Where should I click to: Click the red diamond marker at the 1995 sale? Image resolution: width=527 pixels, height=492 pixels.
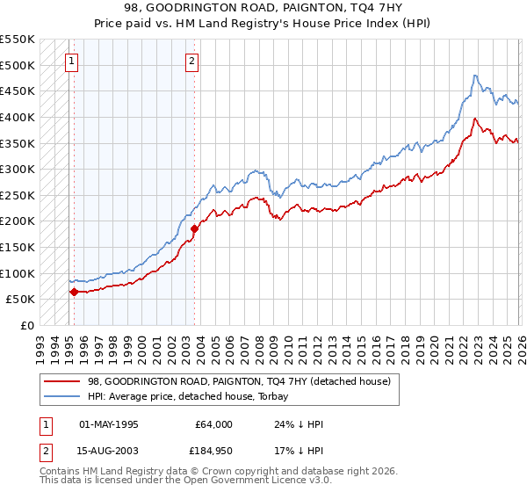click(x=74, y=292)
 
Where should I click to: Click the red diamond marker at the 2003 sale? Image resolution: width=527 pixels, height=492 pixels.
click(x=194, y=228)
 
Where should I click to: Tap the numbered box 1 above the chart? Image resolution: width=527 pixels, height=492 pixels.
click(x=70, y=61)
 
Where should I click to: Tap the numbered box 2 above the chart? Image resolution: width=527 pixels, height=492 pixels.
click(x=191, y=61)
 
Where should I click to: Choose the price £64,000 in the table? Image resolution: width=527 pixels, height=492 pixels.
click(x=214, y=424)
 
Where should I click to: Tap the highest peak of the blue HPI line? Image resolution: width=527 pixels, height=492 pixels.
click(x=474, y=76)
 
